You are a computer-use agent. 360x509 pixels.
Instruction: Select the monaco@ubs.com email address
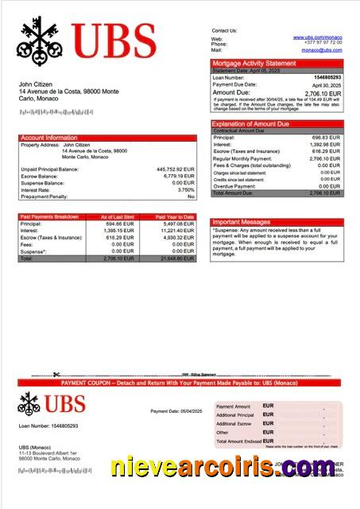321,50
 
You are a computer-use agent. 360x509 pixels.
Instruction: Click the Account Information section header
49,138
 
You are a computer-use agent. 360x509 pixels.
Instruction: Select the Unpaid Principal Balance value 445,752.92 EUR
176,169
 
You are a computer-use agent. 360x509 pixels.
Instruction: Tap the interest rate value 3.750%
185,189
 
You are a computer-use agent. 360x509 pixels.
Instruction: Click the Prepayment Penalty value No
191,196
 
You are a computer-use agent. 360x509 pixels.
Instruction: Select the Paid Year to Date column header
175,216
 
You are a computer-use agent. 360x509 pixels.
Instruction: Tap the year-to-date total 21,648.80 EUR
176,258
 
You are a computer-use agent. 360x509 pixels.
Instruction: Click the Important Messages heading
241,222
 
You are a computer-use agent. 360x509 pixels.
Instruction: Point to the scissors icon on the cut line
56,375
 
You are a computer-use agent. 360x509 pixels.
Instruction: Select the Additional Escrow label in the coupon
234,424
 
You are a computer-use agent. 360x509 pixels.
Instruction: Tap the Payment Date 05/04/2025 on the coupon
176,410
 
